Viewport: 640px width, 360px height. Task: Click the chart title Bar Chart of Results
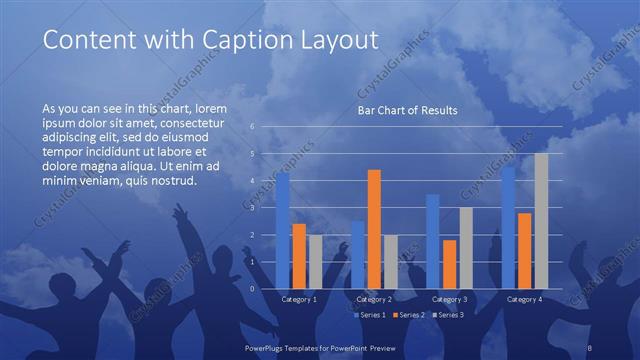[x=407, y=110]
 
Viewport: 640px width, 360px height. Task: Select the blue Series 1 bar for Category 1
[x=283, y=230]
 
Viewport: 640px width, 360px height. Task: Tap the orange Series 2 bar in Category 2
[x=374, y=229]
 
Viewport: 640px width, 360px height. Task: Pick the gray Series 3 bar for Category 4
[x=541, y=221]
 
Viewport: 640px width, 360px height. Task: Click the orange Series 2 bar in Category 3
[x=449, y=264]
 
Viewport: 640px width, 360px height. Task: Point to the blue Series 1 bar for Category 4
[x=509, y=227]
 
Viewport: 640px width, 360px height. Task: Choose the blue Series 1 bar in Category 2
[x=358, y=254]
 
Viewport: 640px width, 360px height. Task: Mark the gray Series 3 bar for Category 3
[x=465, y=248]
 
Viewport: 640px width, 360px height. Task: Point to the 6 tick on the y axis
[x=253, y=127]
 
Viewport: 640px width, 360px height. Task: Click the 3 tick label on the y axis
[x=253, y=208]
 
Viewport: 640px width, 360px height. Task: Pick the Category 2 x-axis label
[x=374, y=299]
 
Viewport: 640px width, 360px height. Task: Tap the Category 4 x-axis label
[x=524, y=299]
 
